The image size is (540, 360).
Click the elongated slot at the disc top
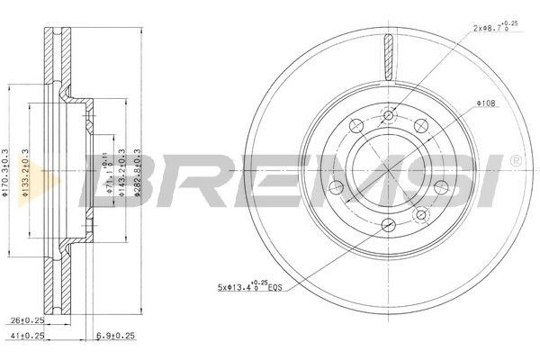(x=388, y=58)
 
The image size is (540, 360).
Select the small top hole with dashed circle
(x=389, y=115)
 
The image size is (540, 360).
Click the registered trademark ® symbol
(x=514, y=160)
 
